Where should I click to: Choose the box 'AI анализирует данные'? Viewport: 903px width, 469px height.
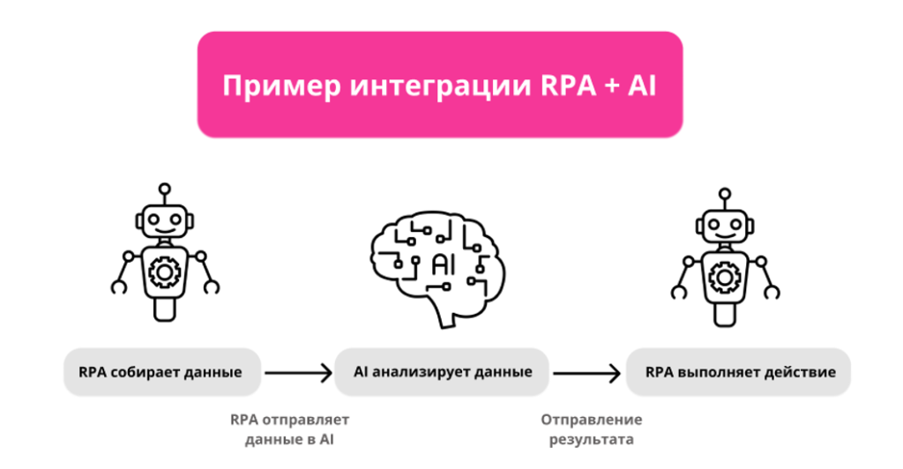pos(443,372)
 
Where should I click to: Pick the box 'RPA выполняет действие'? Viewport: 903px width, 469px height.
pos(739,372)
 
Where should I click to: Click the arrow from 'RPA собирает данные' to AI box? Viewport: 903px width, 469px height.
pos(297,372)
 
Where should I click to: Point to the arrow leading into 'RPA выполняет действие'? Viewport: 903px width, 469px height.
pos(586,372)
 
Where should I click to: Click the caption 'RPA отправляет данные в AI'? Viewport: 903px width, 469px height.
pos(289,429)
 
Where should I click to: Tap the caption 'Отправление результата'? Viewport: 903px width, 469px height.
pos(592,429)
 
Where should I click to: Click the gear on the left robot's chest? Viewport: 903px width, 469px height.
pos(164,272)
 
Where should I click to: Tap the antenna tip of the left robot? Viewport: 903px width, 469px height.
pos(164,188)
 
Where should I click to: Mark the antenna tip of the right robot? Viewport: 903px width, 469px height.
pos(725,193)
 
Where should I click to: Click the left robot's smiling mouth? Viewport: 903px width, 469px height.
pos(164,230)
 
